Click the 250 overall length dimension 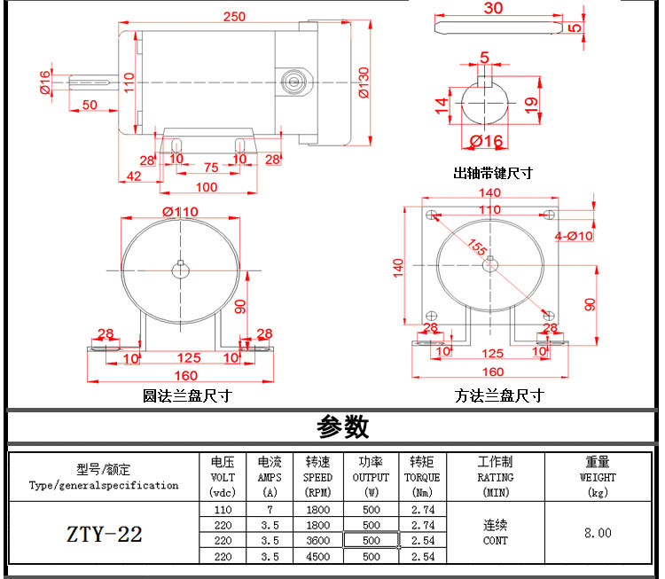click(235, 17)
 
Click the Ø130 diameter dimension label click(364, 82)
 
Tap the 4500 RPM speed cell click(318, 557)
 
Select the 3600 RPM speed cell click(318, 540)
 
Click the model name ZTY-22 click(105, 534)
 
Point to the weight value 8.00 click(598, 533)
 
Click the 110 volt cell click(223, 510)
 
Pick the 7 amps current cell click(270, 510)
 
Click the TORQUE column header click(422, 477)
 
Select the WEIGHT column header click(598, 477)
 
